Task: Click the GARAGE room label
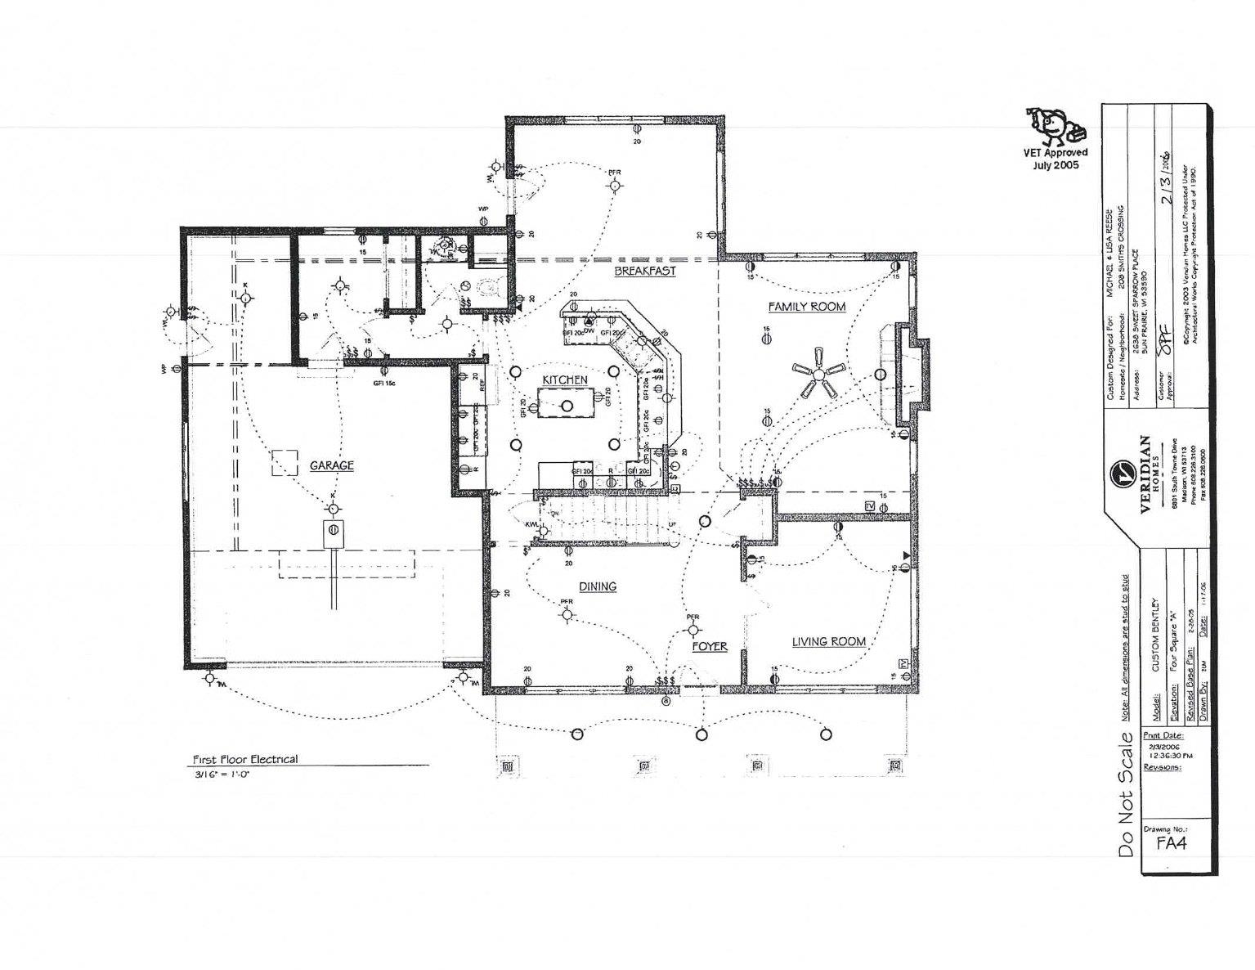(331, 465)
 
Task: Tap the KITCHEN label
(565, 380)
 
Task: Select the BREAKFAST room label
(645, 271)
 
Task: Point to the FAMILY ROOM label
(806, 307)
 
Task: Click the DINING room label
(598, 586)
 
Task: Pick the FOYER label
(709, 646)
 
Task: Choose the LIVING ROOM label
(828, 642)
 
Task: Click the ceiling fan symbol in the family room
(818, 374)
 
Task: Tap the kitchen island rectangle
(567, 404)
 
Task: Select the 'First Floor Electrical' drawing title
(244, 759)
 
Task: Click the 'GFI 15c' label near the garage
(383, 382)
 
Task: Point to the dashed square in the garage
(286, 462)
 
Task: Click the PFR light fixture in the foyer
(693, 629)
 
